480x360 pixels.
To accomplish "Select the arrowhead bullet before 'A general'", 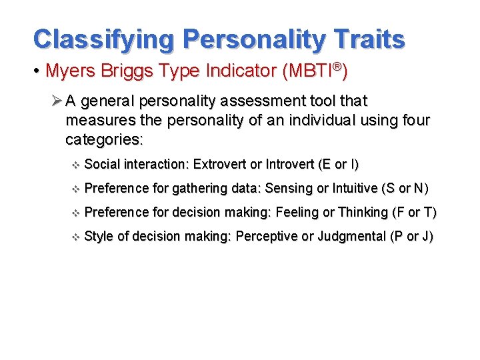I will click(x=57, y=101).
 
